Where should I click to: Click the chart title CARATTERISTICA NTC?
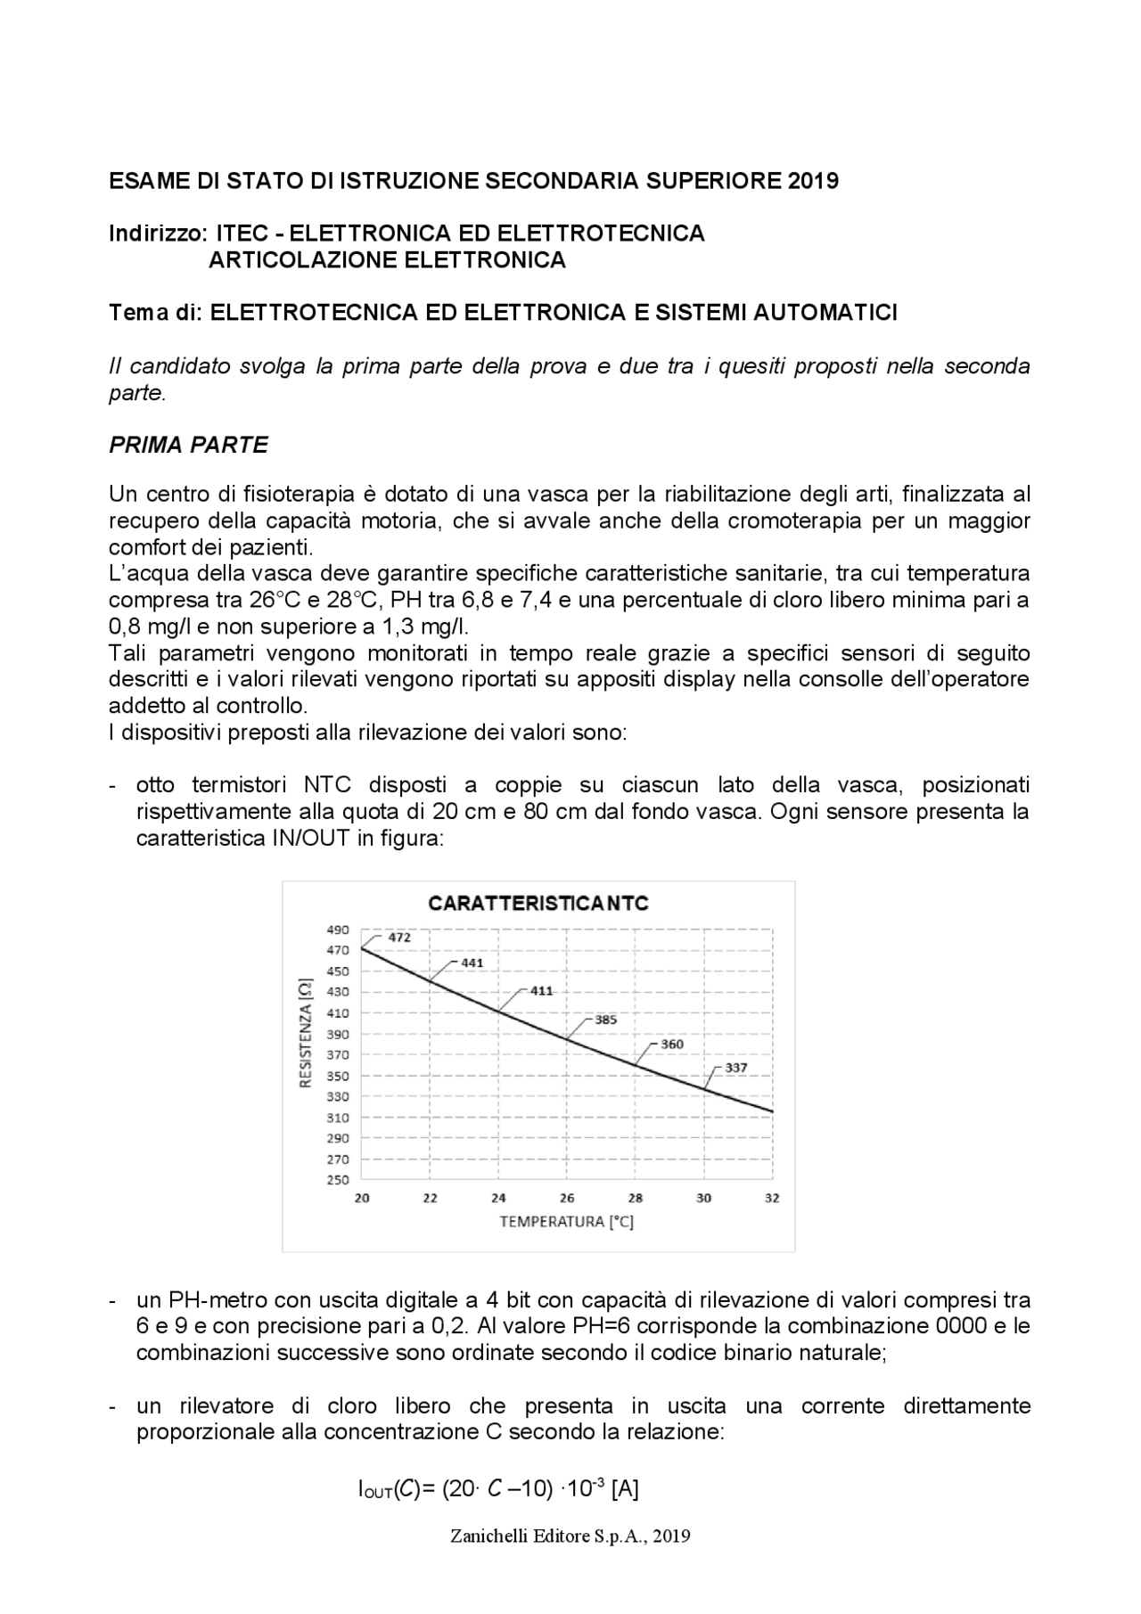(538, 903)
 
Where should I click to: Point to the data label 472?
(399, 938)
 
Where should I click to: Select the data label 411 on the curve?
(542, 990)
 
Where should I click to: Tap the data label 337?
(735, 1067)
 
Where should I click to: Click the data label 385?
(605, 1020)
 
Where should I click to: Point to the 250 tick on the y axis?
(337, 1180)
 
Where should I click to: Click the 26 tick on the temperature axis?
(567, 1198)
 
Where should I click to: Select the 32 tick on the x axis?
(772, 1198)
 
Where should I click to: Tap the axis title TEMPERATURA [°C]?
(566, 1221)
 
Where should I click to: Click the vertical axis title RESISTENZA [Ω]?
(306, 1033)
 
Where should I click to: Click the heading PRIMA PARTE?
(188, 446)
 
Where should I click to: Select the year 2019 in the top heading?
(813, 181)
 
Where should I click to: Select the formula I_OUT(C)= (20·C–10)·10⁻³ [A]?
(497, 1488)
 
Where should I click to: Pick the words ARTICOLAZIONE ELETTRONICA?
(387, 260)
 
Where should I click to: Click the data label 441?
(472, 963)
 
